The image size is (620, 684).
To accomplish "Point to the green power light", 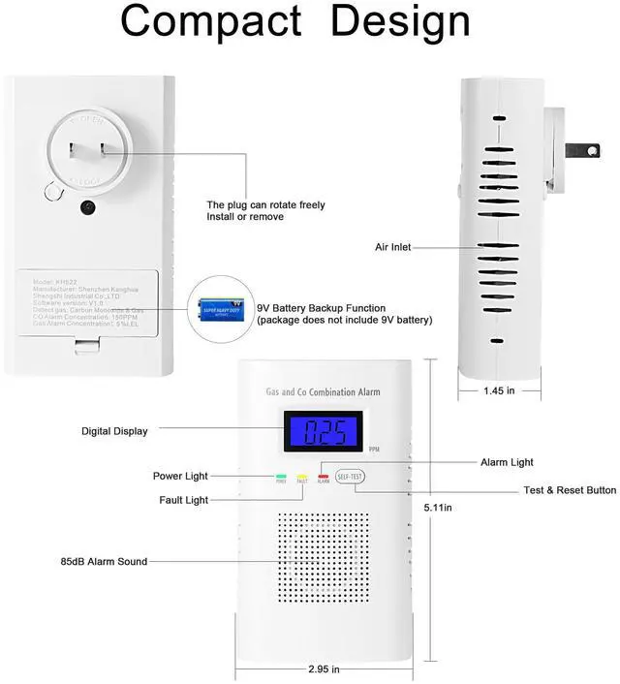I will pos(281,478).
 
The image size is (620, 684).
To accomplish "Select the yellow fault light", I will pos(302,478).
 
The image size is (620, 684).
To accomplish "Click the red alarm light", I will pos(324,478).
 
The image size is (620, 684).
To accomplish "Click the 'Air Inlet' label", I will pos(393,248).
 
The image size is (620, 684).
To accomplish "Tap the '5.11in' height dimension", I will pos(438,507).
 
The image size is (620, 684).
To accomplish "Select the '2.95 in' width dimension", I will pos(325,668).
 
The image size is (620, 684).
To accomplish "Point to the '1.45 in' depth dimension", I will pos(499,390).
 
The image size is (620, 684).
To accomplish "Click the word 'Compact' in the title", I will pos(211,21).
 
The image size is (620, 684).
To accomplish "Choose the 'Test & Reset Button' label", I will pos(570,490).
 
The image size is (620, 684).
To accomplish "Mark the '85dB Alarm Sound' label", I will pos(104,562).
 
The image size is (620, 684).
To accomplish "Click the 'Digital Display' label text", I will pos(114,431).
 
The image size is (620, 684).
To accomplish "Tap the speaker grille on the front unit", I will pos(324,558).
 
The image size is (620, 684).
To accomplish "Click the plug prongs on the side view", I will pos(579,152).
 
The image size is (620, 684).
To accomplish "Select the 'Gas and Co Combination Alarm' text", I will pos(323,392).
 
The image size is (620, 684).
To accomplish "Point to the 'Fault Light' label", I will pos(183,501).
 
